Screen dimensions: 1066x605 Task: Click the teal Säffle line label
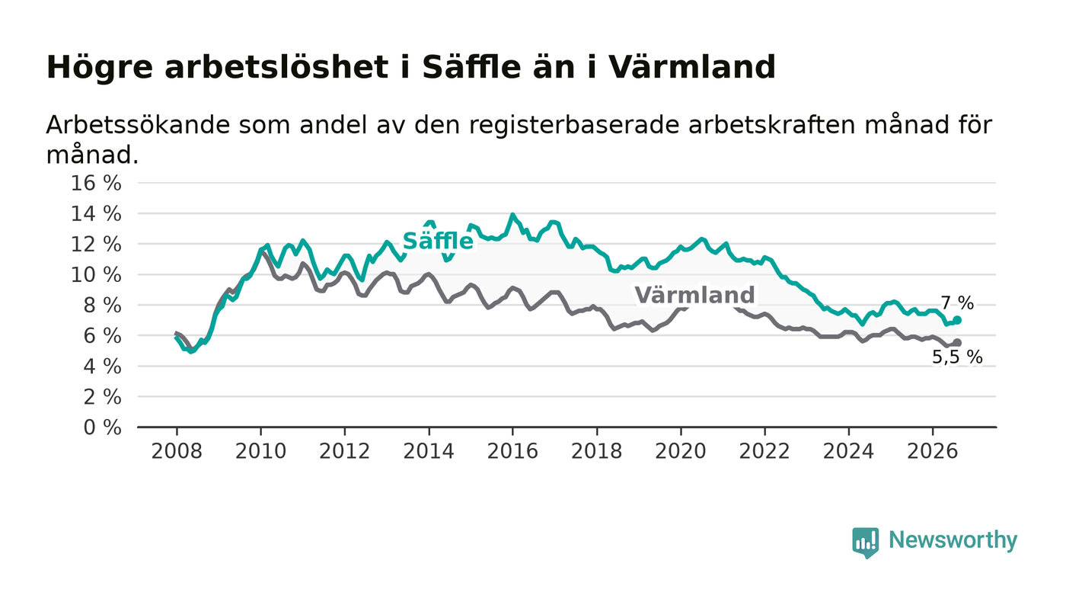coord(438,241)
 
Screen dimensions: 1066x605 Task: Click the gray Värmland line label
coord(694,296)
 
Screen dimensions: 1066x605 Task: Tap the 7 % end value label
coord(958,303)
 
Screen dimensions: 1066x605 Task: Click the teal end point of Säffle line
coord(957,320)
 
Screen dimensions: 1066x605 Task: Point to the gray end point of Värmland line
coord(957,343)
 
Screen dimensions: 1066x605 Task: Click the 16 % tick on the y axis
coord(96,184)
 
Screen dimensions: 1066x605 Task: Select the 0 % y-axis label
coord(102,427)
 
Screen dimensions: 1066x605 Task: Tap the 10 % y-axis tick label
coord(96,275)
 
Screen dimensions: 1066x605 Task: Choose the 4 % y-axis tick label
coord(102,367)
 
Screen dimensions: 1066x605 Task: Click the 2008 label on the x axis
coord(177,452)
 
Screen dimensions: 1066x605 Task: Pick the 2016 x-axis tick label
coord(512,452)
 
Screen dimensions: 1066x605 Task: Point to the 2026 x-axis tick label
coord(932,452)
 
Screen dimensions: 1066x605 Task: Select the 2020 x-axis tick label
coord(681,452)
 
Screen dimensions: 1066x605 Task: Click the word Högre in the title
coord(100,68)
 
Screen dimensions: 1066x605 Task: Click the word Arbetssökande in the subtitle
coord(138,125)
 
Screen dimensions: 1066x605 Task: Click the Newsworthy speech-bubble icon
coord(866,543)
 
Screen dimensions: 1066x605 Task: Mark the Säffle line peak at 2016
coord(512,215)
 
